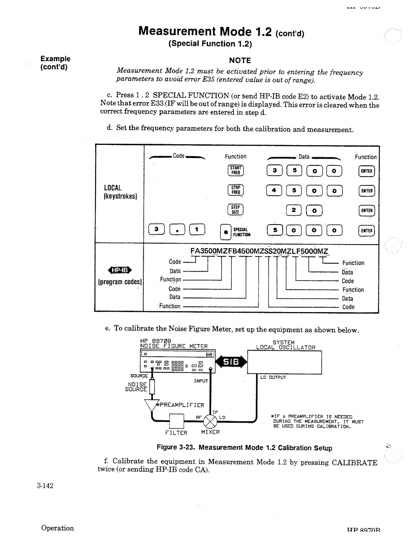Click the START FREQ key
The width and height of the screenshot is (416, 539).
(x=235, y=171)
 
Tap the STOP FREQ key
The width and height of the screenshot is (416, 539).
(x=235, y=190)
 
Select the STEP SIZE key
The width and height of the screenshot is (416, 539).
(x=235, y=210)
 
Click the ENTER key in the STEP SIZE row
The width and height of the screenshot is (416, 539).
(x=366, y=210)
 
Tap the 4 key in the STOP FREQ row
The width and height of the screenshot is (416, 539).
(x=274, y=190)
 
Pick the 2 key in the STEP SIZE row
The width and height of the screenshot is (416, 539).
(x=294, y=210)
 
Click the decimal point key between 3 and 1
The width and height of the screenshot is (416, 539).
(x=177, y=230)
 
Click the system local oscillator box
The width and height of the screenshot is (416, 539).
(x=284, y=362)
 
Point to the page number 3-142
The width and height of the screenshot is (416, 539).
(x=45, y=485)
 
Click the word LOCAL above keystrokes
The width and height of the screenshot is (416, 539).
(x=112, y=188)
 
